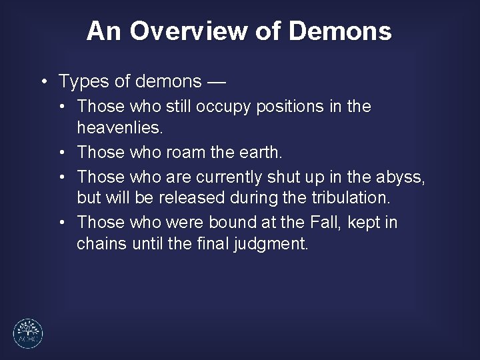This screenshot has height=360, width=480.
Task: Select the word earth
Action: click(x=258, y=153)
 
